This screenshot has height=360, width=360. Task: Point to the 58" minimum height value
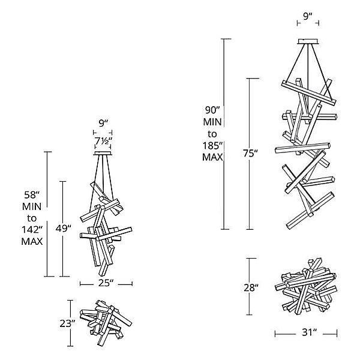click(31, 194)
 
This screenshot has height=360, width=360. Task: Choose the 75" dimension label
click(251, 154)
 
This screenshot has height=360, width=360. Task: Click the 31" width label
click(307, 332)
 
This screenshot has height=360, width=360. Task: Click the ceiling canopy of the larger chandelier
click(308, 41)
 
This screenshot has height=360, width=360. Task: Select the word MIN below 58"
click(31, 206)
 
